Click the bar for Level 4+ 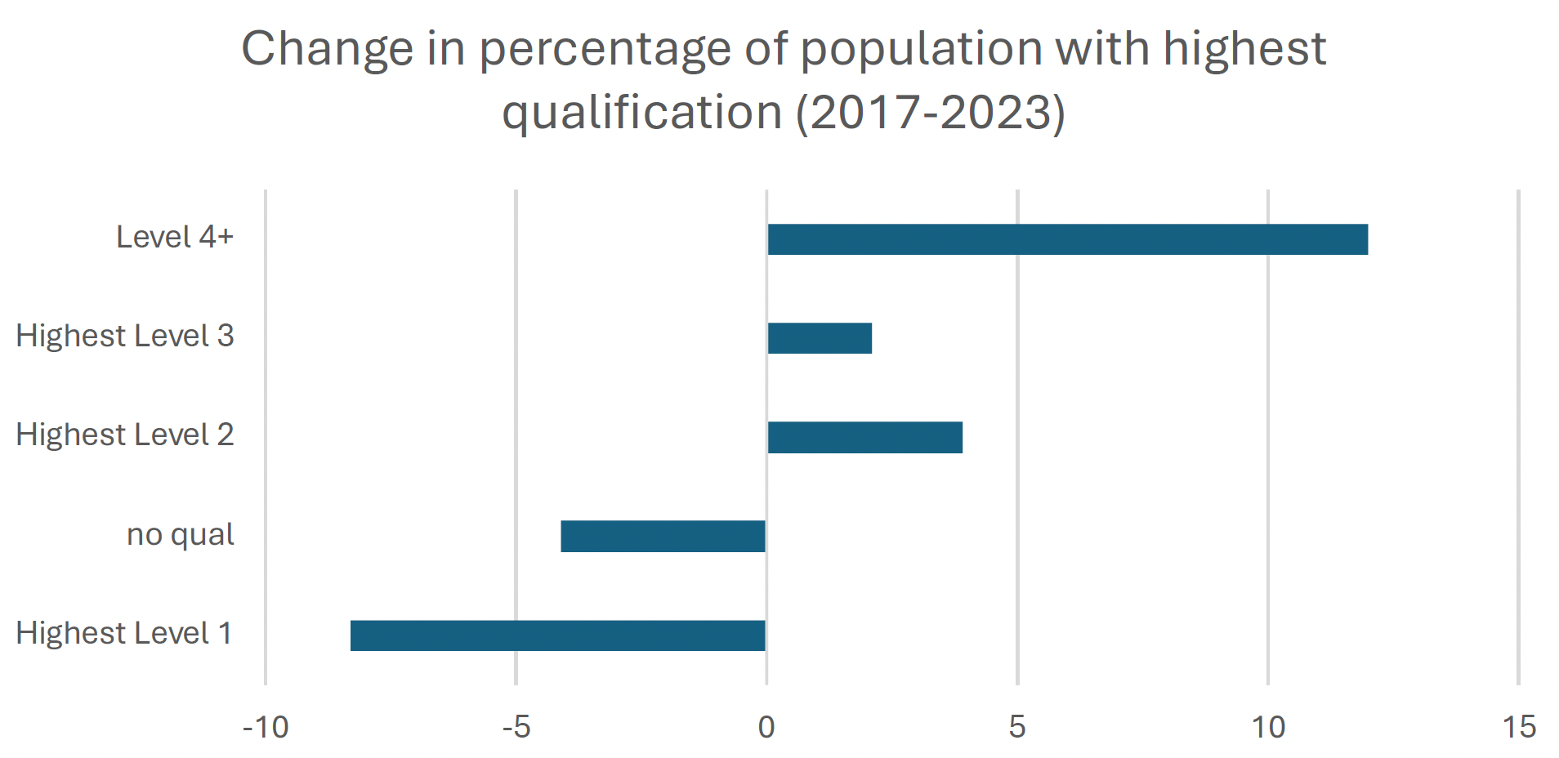coord(1067,239)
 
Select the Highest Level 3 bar coord(820,338)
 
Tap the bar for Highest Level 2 coord(864,437)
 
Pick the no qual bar coord(663,536)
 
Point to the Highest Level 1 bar coord(557,635)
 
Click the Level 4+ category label coord(175,238)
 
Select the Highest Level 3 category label coord(125,337)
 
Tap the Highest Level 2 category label coord(125,435)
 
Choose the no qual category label coord(180,535)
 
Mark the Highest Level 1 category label coord(124,634)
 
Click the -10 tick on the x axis coord(266,727)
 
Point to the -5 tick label coord(516,727)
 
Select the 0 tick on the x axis coord(766,727)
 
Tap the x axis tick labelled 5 coord(1017,727)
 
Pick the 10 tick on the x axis coord(1268,727)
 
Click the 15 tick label coord(1519,727)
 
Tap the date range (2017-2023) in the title coord(931,113)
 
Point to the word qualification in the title coord(642,113)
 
